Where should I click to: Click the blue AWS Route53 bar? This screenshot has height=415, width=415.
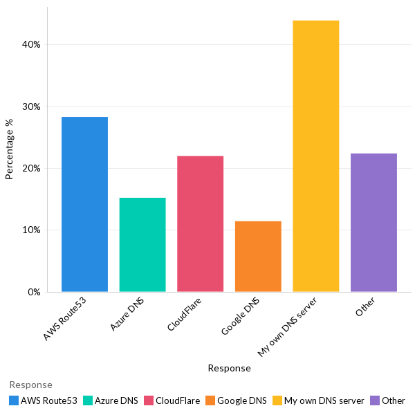click(x=84, y=204)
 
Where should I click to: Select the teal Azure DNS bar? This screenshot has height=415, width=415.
click(x=142, y=244)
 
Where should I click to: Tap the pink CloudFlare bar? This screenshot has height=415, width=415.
click(x=200, y=223)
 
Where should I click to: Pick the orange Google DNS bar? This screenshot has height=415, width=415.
click(x=258, y=256)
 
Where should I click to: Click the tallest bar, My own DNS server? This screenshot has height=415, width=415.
click(x=316, y=156)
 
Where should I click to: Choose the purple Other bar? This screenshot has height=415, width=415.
click(x=373, y=222)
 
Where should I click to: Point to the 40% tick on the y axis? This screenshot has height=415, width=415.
click(x=32, y=45)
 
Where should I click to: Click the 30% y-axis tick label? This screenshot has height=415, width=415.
click(x=32, y=107)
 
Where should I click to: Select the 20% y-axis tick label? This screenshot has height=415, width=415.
click(x=32, y=169)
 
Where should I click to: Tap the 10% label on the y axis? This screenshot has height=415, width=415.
click(x=32, y=230)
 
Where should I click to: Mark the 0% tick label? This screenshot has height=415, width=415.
click(x=35, y=292)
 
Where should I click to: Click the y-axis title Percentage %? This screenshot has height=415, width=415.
click(x=10, y=149)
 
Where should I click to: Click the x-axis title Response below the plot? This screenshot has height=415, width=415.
click(x=229, y=369)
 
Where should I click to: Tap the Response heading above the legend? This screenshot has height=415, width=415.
click(x=30, y=385)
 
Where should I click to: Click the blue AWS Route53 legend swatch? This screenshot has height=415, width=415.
click(x=14, y=400)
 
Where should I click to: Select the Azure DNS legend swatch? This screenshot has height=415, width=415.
click(x=87, y=400)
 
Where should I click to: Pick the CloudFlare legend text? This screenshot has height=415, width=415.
click(x=178, y=400)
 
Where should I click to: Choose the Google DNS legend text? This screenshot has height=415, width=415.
click(x=241, y=400)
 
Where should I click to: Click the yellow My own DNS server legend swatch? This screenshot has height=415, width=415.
click(x=277, y=400)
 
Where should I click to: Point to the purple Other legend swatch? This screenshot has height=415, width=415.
click(x=374, y=400)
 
